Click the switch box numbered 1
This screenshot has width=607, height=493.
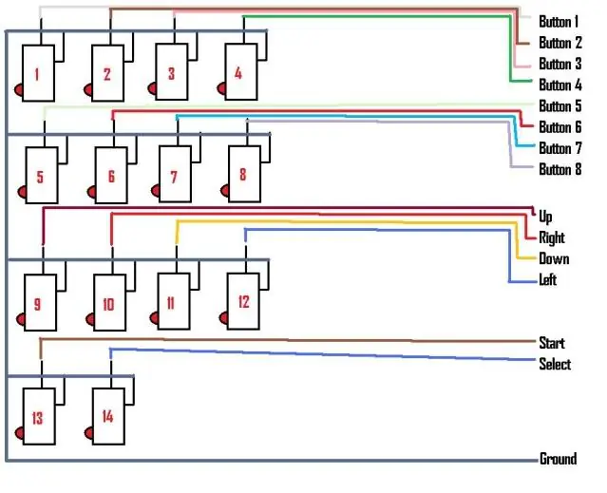coord(38,73)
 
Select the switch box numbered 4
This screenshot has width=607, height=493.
coord(241,71)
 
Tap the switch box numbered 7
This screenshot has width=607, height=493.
coord(175,174)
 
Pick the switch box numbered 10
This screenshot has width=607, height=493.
coord(110,302)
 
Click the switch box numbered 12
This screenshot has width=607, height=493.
coord(243,301)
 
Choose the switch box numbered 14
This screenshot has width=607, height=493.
coord(109,416)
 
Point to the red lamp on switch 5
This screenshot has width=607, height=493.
coord(22,192)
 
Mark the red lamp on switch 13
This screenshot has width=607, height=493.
coord(19,433)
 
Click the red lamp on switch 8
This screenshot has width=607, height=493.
coord(225,191)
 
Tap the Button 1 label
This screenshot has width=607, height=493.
coord(559,22)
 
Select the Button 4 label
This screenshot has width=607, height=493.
coord(560,85)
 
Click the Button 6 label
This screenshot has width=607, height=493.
coord(560,127)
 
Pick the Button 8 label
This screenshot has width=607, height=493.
coord(560,169)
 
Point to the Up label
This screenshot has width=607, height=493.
coord(545,218)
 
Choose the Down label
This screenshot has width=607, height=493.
coord(554,258)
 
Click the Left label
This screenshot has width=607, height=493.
coord(548,279)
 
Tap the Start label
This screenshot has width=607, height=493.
coord(552,343)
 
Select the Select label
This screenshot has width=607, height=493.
coord(555,364)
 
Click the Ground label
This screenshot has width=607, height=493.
coord(559,459)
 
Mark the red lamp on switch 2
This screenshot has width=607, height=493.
coord(88,90)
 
